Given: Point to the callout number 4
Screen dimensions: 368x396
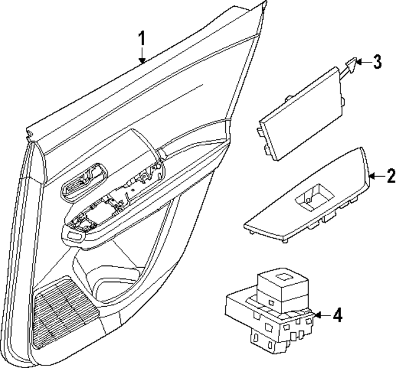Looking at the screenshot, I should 337,315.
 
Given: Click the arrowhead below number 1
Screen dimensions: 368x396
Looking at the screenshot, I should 142,61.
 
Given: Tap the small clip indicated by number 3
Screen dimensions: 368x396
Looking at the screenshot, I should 351,62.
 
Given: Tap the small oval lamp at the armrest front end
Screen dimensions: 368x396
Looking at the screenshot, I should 77,235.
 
